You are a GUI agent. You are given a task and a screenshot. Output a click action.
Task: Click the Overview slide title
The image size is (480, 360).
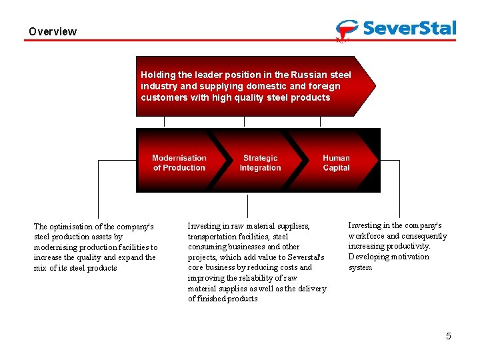tap(53, 31)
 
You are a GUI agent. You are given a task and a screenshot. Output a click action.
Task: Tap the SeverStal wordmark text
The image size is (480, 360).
tap(410, 28)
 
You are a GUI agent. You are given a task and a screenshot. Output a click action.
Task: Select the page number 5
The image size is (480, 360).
tap(449, 336)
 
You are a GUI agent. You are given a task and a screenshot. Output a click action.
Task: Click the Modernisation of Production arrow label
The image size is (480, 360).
tap(179, 163)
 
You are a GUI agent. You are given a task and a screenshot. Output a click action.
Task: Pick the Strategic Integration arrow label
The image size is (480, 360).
tap(260, 163)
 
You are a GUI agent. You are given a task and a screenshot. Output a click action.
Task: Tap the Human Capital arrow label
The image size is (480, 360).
tap(336, 163)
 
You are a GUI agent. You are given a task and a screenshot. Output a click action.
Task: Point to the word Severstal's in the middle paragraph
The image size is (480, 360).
tap(303, 257)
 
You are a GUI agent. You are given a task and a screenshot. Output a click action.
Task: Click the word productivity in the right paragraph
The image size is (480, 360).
tap(408, 247)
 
